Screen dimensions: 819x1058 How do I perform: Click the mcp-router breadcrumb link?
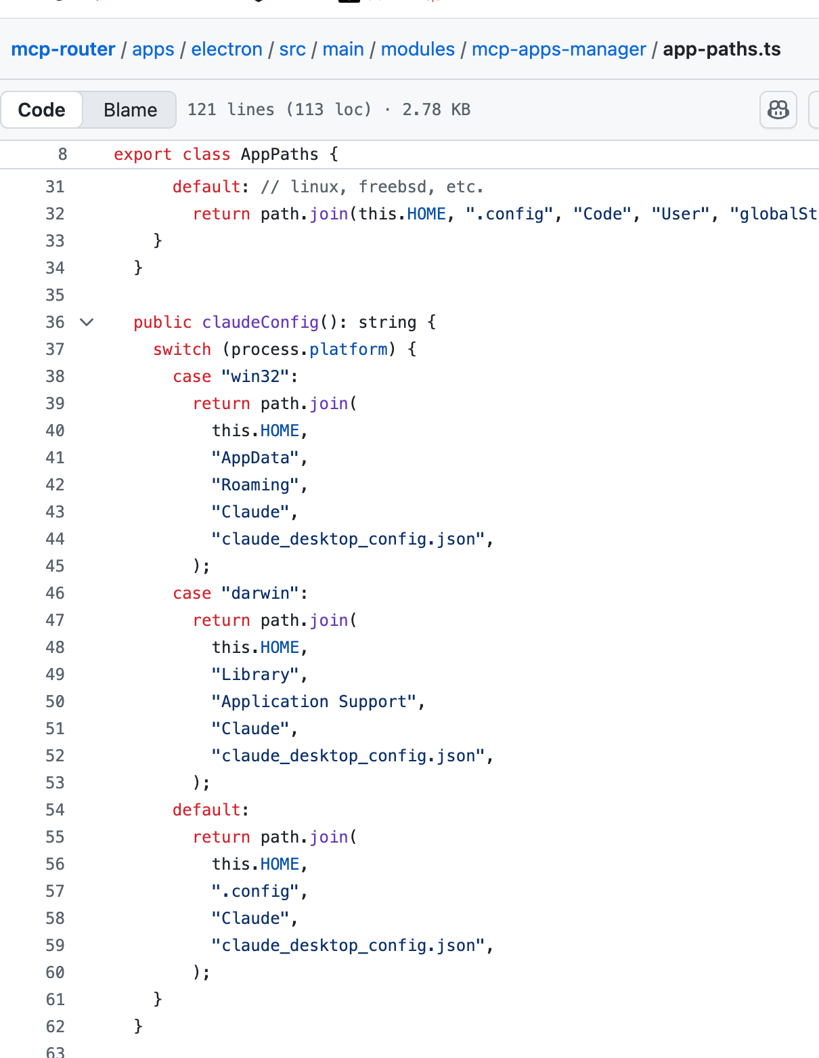(x=63, y=49)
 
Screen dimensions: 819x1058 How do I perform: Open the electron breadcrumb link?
(x=227, y=49)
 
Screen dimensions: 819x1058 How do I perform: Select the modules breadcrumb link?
(x=418, y=49)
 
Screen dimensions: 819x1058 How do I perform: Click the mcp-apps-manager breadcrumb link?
(x=559, y=49)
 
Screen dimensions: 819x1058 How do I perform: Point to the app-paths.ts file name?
(x=722, y=49)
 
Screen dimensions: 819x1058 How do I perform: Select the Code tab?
(x=41, y=110)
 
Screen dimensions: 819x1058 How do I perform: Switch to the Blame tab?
(x=131, y=110)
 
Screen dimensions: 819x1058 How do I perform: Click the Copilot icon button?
(x=778, y=110)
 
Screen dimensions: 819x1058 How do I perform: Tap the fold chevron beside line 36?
(x=87, y=322)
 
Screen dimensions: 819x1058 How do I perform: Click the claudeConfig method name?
(x=260, y=322)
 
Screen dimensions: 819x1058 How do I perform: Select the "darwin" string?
(x=260, y=593)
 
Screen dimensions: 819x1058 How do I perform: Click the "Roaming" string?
(x=255, y=485)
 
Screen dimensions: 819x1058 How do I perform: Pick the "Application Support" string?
(x=314, y=702)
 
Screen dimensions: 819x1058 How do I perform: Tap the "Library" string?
(x=255, y=675)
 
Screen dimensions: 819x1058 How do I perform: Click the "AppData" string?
(x=255, y=458)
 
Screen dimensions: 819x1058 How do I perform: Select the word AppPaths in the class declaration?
(x=280, y=154)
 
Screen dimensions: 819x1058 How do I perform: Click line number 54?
(x=55, y=809)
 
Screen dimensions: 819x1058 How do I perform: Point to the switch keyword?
(x=182, y=349)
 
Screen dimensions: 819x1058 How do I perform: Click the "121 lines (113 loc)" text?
(x=280, y=110)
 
